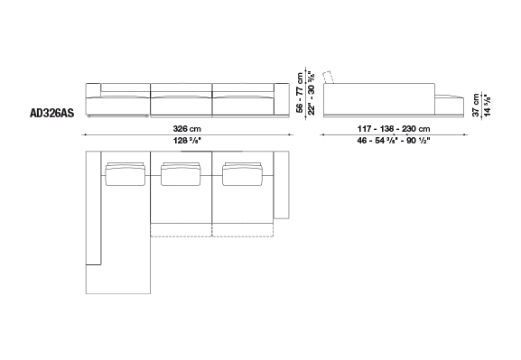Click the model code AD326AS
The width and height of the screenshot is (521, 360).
51,114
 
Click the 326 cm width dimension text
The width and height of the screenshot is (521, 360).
187,128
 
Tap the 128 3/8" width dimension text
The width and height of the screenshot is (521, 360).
187,141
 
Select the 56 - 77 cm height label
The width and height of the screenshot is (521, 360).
300,93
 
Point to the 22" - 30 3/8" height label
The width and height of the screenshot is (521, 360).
312,93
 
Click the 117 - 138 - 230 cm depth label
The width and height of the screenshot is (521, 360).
394,128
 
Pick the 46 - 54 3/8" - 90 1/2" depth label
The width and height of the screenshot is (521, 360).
394,141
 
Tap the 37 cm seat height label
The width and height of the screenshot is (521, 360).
476,105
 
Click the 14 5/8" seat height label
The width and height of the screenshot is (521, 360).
488,105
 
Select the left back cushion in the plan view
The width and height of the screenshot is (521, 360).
126,174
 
